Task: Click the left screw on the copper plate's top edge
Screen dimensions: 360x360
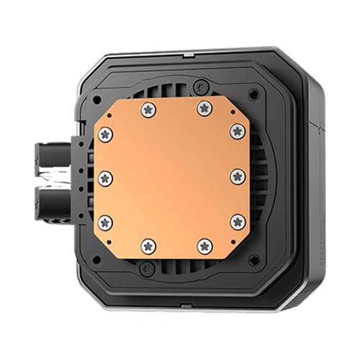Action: [x=148, y=109]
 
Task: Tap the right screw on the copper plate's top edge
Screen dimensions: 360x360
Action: [x=204, y=109]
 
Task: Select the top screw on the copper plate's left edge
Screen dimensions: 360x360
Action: [x=106, y=134]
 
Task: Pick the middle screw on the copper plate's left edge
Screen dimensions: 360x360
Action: [x=106, y=178]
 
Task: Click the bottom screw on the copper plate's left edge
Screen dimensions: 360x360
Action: [x=106, y=222]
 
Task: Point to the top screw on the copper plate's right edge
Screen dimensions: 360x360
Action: [x=238, y=131]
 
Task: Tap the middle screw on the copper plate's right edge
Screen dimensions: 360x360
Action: [x=238, y=177]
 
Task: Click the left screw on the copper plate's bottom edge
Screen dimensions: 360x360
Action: [x=148, y=246]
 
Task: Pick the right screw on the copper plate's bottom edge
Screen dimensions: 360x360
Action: [x=205, y=246]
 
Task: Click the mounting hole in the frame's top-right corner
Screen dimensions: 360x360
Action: [x=253, y=94]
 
